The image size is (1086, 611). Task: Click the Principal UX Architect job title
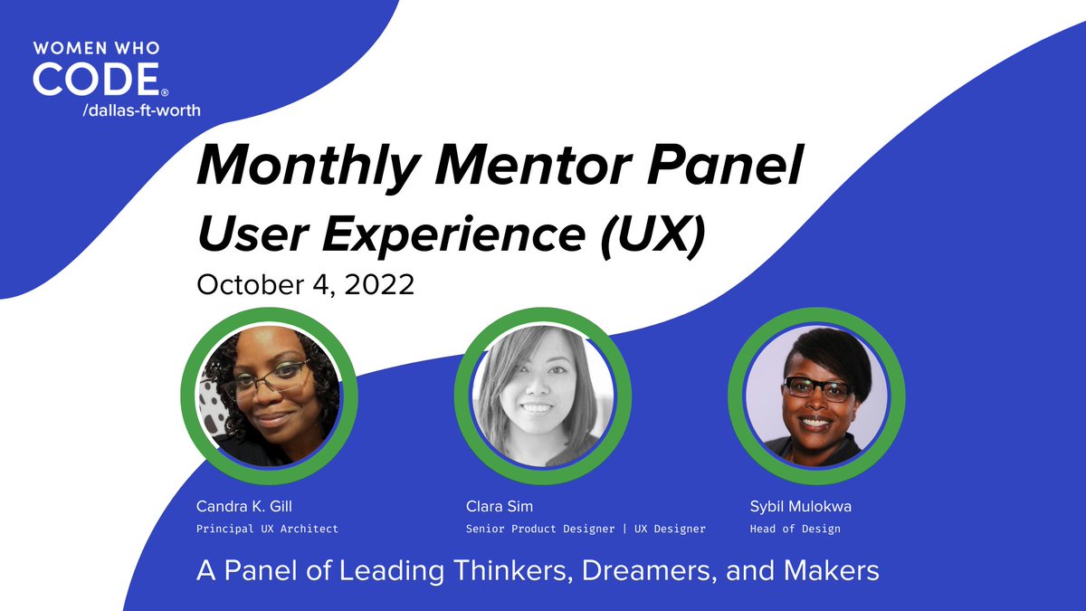point(267,529)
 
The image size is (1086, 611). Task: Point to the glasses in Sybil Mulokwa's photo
point(817,389)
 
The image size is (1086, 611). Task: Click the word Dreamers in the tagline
point(643,572)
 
